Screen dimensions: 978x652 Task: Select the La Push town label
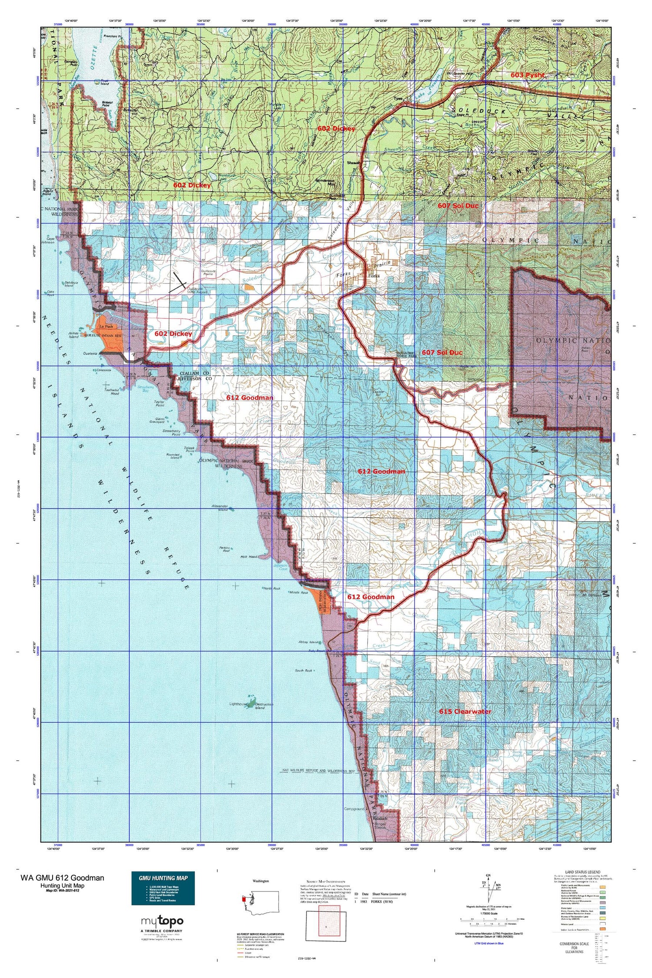(106, 326)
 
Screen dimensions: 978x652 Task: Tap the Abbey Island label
(309, 642)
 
